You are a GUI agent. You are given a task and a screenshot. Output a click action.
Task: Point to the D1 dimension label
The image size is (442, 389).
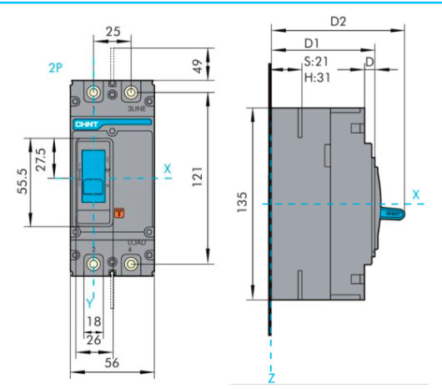click(x=312, y=43)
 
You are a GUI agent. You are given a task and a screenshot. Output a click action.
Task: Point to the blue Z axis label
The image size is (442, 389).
click(x=272, y=379)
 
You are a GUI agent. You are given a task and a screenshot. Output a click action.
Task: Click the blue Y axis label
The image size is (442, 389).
click(x=91, y=297)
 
